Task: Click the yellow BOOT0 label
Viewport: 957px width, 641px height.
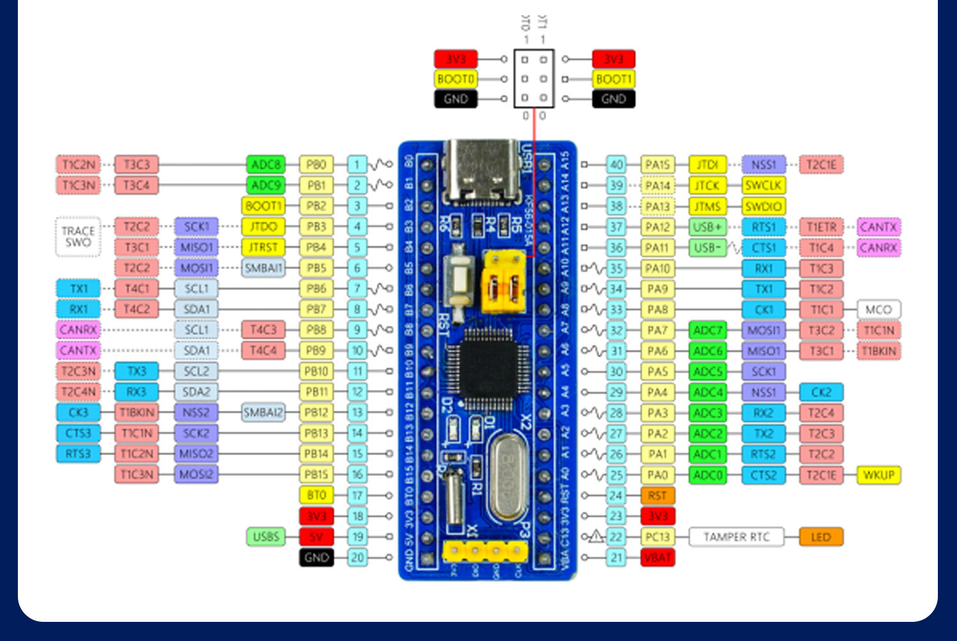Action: pos(456,79)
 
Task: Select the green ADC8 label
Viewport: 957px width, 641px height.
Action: pos(265,165)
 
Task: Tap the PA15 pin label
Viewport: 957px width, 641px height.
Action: pos(657,165)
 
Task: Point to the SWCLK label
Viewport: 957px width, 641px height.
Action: pos(763,186)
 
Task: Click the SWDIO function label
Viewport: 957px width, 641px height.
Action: pos(763,206)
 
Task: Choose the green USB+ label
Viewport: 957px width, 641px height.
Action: pos(708,227)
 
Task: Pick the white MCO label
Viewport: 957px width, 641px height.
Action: pos(879,309)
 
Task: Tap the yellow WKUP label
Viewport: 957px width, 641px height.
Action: pos(879,475)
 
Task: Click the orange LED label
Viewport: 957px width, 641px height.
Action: pos(820,537)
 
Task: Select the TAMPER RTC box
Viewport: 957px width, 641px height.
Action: pos(736,537)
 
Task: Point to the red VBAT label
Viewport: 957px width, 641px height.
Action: pos(657,557)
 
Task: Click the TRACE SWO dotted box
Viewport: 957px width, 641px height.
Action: pos(78,237)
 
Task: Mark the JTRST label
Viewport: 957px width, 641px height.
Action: pos(263,247)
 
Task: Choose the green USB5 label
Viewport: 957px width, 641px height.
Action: pos(265,537)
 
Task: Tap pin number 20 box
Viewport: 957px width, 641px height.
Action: pos(357,557)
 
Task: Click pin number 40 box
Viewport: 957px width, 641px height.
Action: pos(616,165)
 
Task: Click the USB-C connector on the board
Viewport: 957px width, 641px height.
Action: pos(481,169)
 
